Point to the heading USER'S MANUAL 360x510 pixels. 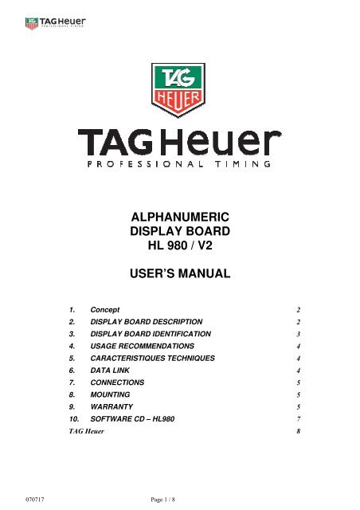[x=179, y=276]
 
